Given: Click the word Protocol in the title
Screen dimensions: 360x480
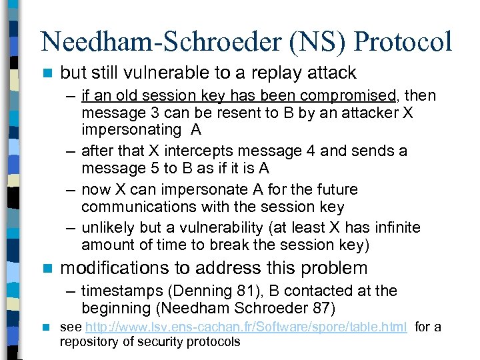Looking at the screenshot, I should (403, 41).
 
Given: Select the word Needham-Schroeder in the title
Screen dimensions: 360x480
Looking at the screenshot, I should (153, 41).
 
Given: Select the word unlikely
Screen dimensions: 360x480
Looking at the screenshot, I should (107, 228).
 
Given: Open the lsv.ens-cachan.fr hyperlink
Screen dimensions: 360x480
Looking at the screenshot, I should (246, 327).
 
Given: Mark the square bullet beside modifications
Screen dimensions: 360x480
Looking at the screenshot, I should (46, 269).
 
